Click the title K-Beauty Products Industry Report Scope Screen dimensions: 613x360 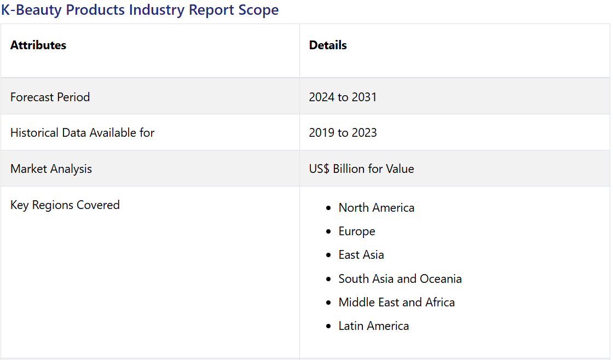pos(140,10)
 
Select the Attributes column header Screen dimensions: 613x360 pos(38,45)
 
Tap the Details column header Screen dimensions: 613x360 pos(328,45)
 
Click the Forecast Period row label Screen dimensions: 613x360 pos(50,97)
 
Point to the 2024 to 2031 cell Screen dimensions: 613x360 pos(343,97)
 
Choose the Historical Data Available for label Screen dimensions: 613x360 pos(83,133)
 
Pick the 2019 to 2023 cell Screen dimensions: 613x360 pos(343,133)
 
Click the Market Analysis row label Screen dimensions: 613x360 pos(51,169)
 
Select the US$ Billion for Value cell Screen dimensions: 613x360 pos(362,169)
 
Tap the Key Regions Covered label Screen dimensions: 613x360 pos(65,205)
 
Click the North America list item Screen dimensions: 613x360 pos(377,207)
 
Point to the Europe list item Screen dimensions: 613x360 pos(357,231)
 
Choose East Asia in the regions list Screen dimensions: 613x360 pos(361,255)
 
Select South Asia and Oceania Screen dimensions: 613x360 pos(400,278)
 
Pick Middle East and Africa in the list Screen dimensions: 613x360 pos(397,302)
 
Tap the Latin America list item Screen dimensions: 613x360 pos(374,326)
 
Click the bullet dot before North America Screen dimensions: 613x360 pos(328,208)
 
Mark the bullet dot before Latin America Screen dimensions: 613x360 pos(328,327)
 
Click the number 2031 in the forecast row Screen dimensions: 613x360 pos(364,97)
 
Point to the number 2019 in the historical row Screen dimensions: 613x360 pos(322,133)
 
